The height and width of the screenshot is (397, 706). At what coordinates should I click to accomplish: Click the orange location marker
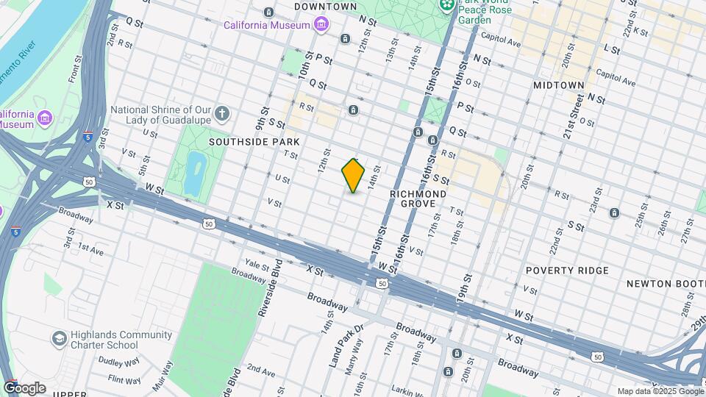pos(353,176)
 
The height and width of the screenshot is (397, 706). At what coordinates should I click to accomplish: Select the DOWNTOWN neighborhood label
pos(325,7)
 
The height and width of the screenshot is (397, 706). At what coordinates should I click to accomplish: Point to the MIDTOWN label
pos(558,85)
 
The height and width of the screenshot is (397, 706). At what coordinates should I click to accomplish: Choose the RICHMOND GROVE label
pos(418,198)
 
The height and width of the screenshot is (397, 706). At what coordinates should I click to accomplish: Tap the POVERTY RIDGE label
pos(567,271)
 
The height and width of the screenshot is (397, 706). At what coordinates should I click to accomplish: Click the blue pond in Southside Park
pos(194,171)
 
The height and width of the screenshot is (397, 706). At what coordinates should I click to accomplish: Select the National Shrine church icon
pos(222,114)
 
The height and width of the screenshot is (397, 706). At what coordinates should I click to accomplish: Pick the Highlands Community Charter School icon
pos(59,338)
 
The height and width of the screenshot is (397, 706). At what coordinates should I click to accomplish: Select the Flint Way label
pos(124,379)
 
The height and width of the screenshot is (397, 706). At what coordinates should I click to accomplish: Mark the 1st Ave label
pos(91,249)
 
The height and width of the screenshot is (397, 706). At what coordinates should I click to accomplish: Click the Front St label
pos(74,73)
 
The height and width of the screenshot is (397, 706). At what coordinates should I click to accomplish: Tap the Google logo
pos(24,387)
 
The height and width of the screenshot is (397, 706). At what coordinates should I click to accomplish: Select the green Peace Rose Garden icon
pos(446,7)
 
